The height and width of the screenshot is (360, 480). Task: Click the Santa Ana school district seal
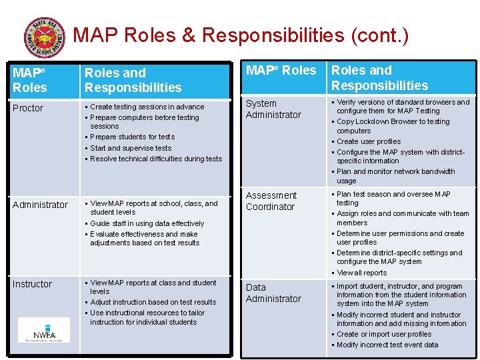point(44,38)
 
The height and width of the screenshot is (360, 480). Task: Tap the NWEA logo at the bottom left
point(43,330)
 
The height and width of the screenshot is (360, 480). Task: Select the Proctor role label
point(28,108)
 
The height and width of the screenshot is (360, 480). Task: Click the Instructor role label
point(32,284)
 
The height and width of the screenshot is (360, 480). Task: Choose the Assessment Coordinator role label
point(271,201)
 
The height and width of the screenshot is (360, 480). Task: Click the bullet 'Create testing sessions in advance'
point(147,107)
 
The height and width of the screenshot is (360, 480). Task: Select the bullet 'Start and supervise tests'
point(131,148)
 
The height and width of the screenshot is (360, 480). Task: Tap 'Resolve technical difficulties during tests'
point(156,159)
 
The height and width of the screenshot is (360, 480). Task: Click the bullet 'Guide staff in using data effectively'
point(147,223)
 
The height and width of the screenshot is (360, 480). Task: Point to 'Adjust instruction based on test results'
point(153,302)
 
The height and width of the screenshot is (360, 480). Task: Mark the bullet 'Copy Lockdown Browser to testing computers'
point(393,126)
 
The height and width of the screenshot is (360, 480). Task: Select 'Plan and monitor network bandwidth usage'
point(395,176)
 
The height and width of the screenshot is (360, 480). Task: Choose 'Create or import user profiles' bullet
point(383,334)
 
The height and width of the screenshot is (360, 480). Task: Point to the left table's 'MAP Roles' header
point(29,80)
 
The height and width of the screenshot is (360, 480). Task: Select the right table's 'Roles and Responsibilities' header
point(379,78)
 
